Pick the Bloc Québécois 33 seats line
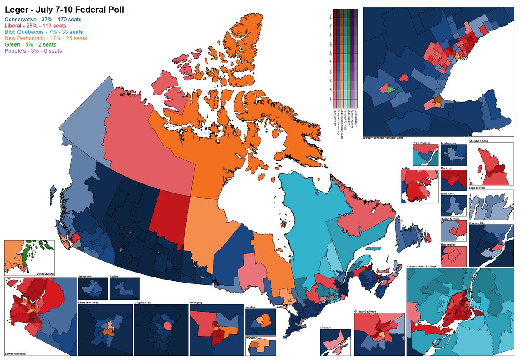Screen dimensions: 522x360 click(43, 32)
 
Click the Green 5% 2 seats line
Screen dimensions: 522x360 click(30, 44)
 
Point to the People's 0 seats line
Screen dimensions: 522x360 click(33, 51)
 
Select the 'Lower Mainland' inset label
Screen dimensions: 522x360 click(15, 353)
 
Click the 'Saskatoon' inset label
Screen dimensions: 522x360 click(85, 276)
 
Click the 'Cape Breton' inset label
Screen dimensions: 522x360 click(478, 188)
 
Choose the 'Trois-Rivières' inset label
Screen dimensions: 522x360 click(422, 143)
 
